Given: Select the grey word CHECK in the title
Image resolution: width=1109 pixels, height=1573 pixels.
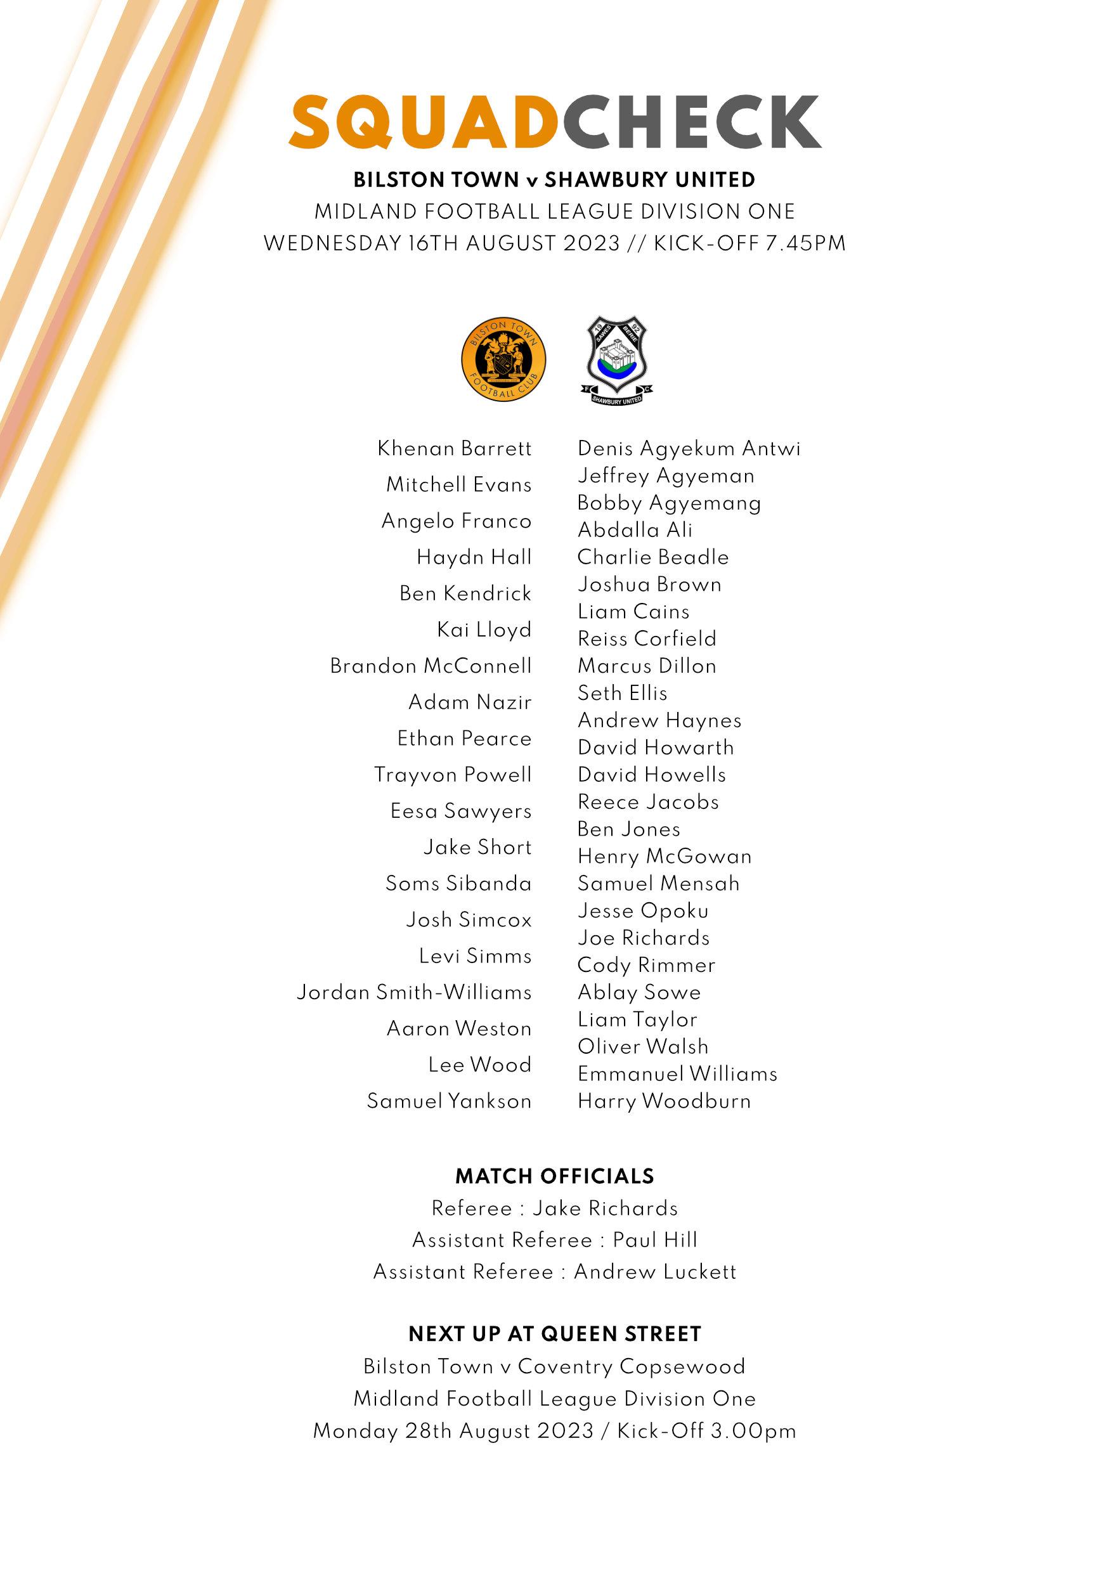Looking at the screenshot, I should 692,122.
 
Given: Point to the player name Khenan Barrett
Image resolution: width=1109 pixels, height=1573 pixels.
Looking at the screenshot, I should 454,449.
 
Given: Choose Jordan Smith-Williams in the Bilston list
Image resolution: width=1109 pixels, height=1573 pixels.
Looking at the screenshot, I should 413,993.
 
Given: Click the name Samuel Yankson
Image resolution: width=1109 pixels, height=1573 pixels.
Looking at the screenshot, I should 450,1102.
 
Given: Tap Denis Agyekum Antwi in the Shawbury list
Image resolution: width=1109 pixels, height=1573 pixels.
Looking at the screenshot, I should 689,449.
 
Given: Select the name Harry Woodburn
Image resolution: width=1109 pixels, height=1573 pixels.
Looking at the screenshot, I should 664,1102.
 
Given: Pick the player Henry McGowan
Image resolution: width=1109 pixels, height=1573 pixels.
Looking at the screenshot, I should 665,857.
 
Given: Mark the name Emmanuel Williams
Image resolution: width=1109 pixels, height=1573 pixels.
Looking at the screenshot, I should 677,1074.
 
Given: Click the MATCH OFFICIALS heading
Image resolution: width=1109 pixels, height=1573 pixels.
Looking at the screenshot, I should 554,1177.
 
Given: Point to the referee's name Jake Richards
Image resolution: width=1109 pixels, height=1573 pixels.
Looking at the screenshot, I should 605,1209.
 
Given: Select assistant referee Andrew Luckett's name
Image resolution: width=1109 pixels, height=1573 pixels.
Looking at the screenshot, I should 655,1272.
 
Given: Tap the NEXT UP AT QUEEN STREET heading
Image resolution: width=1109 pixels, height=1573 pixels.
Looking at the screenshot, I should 555,1335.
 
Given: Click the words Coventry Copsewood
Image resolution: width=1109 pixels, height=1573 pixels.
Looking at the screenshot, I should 631,1367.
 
